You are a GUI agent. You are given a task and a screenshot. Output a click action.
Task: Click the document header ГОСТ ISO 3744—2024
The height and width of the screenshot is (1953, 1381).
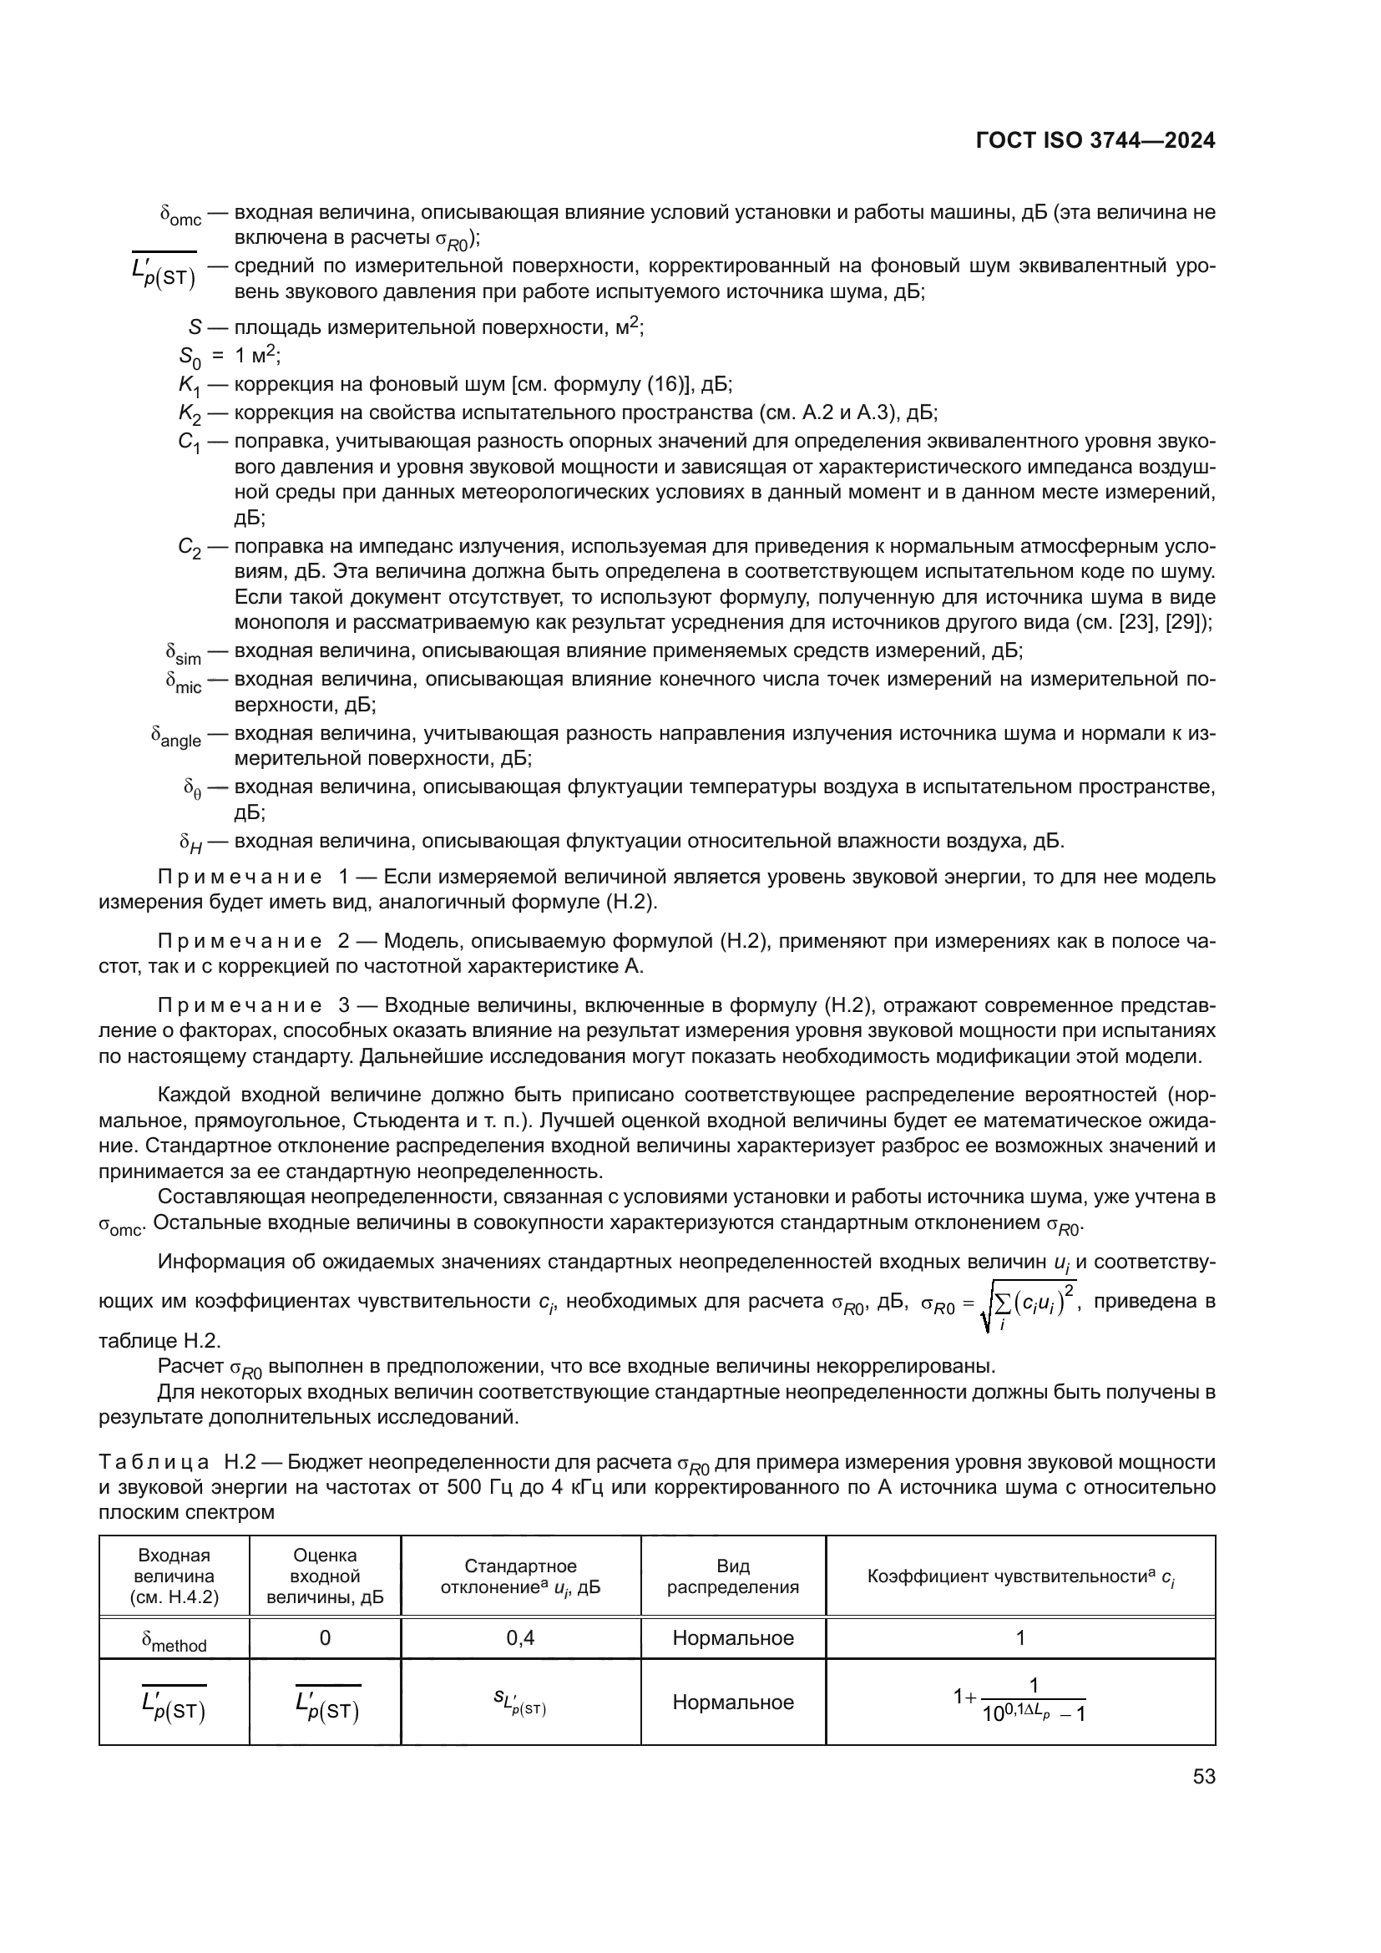pyautogui.click(x=1095, y=141)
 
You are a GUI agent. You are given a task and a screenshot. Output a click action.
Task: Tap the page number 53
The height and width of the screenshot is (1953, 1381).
pyautogui.click(x=1203, y=1777)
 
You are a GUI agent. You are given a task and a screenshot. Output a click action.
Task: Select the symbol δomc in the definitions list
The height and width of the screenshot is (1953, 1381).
pyautogui.click(x=180, y=216)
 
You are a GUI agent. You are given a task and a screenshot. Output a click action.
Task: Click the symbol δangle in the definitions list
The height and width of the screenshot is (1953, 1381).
pyautogui.click(x=176, y=736)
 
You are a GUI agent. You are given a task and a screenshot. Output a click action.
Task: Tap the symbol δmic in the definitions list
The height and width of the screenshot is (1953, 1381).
pyautogui.click(x=184, y=683)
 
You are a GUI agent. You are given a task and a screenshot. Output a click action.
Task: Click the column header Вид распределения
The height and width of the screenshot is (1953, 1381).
pyautogui.click(x=732, y=1576)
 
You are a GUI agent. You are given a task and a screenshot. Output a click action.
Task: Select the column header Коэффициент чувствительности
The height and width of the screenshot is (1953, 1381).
pyautogui.click(x=1019, y=1577)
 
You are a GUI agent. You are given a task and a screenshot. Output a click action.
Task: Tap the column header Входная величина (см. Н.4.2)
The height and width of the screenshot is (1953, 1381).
pyautogui.click(x=175, y=1576)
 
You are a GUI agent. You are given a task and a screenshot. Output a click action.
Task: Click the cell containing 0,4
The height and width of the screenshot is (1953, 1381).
pyautogui.click(x=520, y=1638)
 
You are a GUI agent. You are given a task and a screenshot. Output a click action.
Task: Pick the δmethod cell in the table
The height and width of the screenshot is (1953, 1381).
pyautogui.click(x=175, y=1640)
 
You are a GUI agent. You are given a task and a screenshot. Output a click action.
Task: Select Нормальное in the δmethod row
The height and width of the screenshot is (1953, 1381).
pyautogui.click(x=732, y=1638)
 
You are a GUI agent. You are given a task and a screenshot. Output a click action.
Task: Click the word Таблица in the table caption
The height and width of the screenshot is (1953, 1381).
pyautogui.click(x=154, y=1462)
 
